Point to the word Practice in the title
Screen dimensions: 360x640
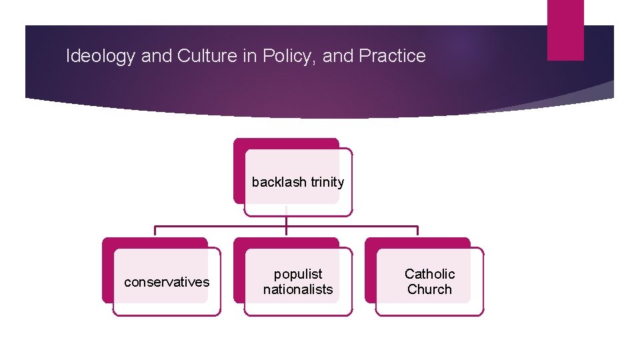click(x=392, y=56)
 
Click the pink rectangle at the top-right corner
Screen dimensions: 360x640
click(x=565, y=29)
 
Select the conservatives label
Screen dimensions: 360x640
click(x=167, y=282)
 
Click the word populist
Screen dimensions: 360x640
click(x=298, y=274)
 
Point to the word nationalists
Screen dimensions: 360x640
click(x=298, y=289)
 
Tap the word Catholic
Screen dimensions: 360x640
click(x=430, y=274)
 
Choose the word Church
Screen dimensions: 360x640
click(x=430, y=289)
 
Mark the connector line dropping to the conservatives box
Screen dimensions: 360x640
click(x=155, y=231)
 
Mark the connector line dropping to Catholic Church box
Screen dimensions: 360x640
click(x=417, y=231)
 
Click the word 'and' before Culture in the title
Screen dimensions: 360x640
click(x=157, y=56)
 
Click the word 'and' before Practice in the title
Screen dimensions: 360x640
click(x=338, y=56)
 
